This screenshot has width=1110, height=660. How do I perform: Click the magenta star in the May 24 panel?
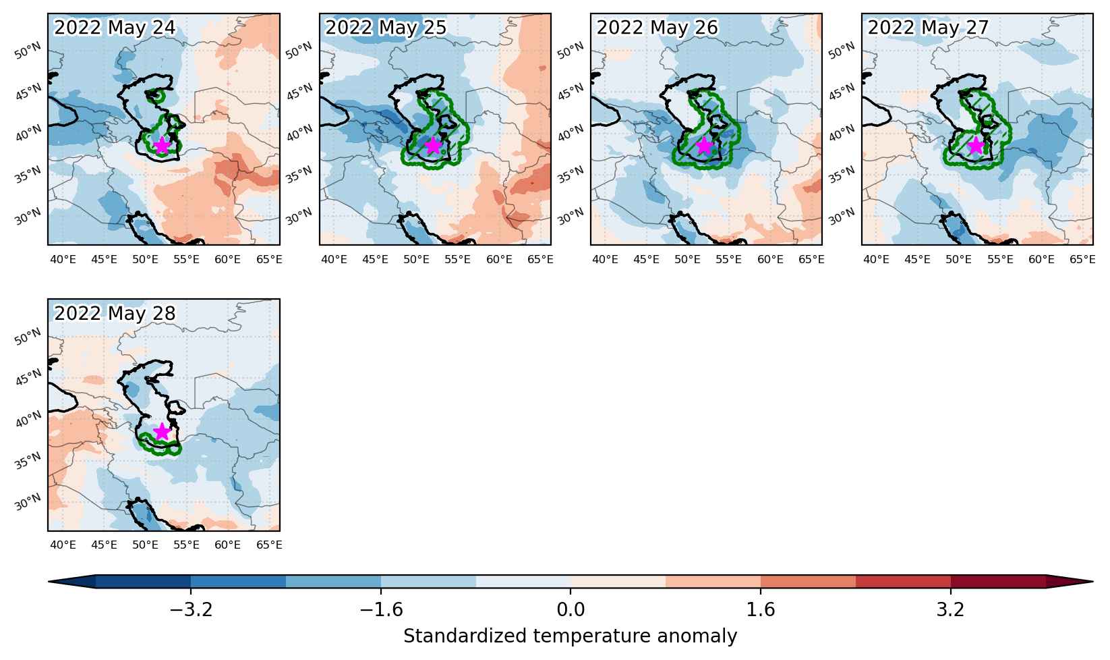162,146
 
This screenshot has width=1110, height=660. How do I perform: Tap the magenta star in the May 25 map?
433,146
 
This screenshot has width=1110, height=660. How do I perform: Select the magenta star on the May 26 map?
704,146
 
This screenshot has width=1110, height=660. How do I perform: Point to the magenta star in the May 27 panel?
976,146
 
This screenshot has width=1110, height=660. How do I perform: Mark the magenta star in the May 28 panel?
162,432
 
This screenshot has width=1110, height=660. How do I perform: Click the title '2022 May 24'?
115,27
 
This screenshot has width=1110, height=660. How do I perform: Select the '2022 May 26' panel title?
657,27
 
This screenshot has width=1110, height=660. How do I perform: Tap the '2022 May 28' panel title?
115,313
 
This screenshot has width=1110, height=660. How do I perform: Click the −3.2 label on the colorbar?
191,609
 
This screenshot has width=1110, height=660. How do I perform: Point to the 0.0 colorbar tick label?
571,609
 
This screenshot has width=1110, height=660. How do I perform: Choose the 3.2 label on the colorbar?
950,609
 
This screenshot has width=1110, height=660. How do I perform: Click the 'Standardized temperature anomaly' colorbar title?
571,636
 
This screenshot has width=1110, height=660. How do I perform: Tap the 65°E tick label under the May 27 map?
1082,259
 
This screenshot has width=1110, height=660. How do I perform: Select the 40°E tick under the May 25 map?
334,259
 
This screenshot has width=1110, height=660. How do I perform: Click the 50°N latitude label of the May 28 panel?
28,337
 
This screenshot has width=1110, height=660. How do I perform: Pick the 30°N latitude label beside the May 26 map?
571,217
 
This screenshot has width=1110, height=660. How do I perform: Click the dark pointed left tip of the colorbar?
49,582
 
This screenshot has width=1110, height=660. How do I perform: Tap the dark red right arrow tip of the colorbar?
1092,582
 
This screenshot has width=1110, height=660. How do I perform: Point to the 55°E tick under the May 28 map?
186,545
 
